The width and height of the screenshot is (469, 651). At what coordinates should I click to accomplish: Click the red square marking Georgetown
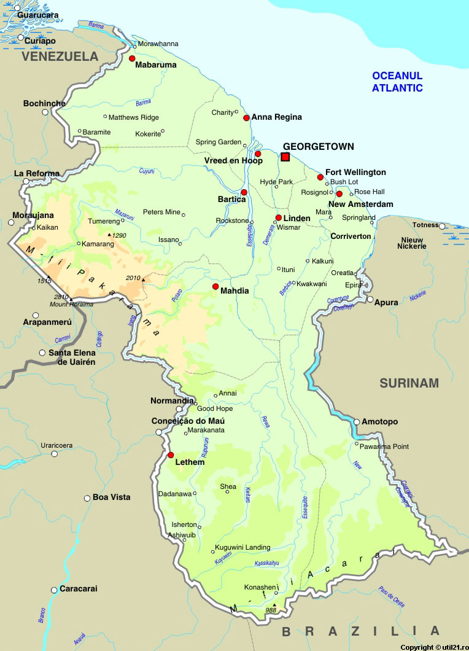point(285,157)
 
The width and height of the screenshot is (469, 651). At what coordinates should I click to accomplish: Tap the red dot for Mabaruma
point(132,58)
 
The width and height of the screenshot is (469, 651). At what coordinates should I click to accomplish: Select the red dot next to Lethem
point(171,455)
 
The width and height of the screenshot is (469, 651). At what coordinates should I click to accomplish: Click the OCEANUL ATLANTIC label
point(397,82)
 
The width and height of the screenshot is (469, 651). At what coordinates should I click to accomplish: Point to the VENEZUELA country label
point(60,57)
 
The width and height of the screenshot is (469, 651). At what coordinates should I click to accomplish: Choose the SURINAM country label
point(409,383)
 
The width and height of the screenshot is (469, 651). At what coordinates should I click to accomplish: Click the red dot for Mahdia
point(215,287)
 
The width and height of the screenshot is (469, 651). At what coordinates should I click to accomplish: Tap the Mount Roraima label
point(68,305)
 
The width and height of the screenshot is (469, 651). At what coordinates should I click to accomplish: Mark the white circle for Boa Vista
point(87,497)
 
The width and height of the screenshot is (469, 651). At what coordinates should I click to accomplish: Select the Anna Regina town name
point(277,117)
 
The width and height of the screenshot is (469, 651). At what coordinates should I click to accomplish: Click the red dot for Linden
point(278,218)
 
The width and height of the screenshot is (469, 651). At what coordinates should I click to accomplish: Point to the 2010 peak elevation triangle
point(144,280)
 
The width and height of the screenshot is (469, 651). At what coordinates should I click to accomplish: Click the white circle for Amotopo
point(357,422)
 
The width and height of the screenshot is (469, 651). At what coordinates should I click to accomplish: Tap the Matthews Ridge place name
point(134,117)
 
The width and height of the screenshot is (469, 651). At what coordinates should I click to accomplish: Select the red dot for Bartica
point(244,192)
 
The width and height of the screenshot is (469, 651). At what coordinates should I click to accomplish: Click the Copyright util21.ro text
point(433,647)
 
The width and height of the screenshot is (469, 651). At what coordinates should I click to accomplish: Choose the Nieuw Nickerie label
point(413,243)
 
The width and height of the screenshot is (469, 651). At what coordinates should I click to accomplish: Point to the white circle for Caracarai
point(54,590)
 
